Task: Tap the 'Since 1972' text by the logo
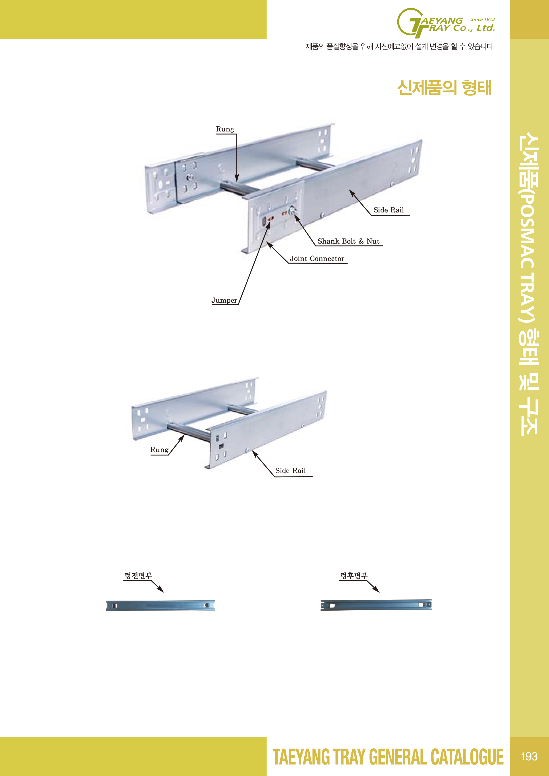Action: tap(483, 19)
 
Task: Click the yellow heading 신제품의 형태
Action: tap(444, 88)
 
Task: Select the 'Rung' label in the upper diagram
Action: tap(225, 129)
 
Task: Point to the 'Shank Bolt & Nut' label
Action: tap(348, 241)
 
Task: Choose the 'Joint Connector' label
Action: tap(317, 259)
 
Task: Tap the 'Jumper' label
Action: tap(224, 300)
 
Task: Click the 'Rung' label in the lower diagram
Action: tap(159, 449)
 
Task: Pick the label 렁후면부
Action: tap(354, 575)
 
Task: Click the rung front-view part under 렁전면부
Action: tap(160, 605)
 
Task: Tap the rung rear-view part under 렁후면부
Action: tap(376, 605)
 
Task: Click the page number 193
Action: tap(529, 756)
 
